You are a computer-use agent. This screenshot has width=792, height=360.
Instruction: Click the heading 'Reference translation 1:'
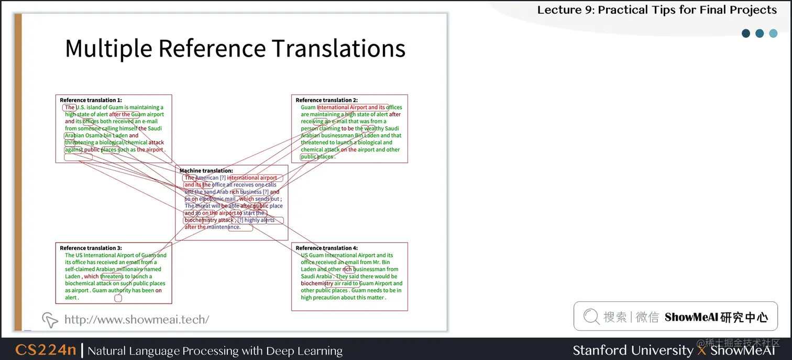(91, 100)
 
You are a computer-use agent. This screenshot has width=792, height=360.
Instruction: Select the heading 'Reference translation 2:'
(327, 100)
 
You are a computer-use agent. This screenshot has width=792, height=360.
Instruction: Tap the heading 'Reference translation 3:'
(91, 248)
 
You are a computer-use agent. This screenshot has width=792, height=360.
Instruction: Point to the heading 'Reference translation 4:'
(327, 248)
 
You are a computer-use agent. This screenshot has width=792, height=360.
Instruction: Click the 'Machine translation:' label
(206, 171)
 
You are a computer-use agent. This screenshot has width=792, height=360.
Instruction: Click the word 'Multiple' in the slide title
(108, 48)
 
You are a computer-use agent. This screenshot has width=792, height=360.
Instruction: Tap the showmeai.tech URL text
(137, 319)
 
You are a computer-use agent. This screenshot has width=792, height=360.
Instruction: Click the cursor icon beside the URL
(49, 320)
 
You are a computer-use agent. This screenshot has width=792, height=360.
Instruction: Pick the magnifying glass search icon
(591, 317)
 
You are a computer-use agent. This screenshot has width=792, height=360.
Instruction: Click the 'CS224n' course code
(46, 350)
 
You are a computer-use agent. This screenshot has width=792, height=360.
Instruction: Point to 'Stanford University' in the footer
(633, 350)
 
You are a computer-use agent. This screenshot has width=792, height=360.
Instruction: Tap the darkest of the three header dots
(746, 34)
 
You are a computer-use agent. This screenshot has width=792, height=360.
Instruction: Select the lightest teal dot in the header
(773, 34)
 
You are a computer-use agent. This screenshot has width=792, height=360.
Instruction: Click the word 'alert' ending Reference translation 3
(71, 298)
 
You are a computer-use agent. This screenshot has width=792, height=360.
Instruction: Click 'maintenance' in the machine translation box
(223, 227)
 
